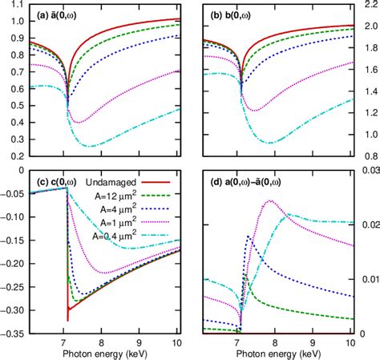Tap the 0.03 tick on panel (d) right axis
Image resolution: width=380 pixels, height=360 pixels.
click(368, 169)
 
